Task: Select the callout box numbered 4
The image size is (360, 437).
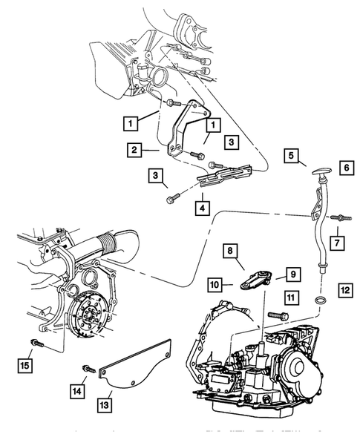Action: (x=202, y=208)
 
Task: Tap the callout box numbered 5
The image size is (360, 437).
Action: (x=292, y=156)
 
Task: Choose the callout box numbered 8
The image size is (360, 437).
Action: (x=231, y=253)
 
